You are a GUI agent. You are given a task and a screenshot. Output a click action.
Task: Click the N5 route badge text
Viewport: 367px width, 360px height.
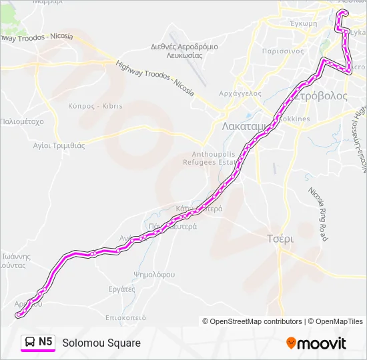[45, 342]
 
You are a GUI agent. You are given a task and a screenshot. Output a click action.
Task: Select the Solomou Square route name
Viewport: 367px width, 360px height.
[101, 343]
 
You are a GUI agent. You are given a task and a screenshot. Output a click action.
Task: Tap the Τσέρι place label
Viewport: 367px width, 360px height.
[280, 239]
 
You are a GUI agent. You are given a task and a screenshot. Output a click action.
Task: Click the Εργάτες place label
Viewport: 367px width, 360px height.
[121, 289]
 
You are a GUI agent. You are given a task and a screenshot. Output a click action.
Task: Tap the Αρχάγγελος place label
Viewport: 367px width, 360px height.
[241, 93]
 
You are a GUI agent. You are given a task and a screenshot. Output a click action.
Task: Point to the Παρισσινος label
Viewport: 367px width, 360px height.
[284, 50]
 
